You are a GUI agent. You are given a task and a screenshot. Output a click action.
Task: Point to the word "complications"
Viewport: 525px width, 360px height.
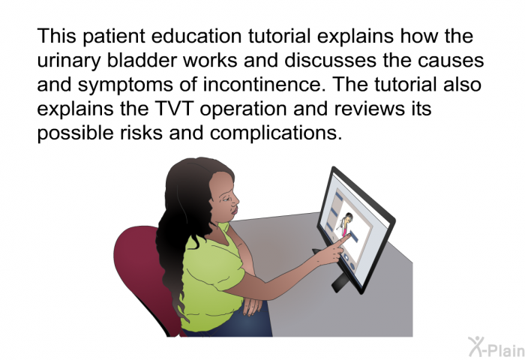coord(276,133)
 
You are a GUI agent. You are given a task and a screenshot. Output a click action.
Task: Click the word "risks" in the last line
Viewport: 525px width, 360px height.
coord(142,133)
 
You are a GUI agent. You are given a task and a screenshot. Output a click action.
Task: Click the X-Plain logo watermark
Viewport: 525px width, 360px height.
coord(496,347)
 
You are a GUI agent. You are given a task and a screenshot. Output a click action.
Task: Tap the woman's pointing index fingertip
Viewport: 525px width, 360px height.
coord(349,235)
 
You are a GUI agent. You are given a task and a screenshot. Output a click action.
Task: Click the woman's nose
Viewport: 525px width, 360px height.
coord(236,200)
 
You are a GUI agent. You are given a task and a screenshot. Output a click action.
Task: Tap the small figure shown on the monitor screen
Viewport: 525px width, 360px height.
coord(346,223)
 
